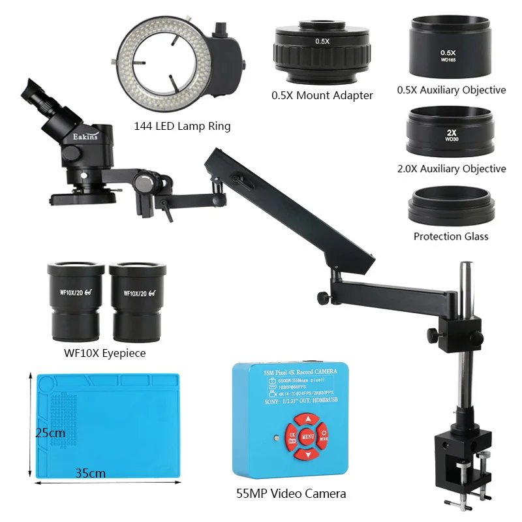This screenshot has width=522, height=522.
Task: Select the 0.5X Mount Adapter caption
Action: [x=322, y=95]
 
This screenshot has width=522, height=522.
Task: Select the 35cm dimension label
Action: [x=89, y=472]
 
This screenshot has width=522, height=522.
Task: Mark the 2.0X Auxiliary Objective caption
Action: [x=452, y=169]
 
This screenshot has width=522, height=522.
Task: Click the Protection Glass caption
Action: [x=451, y=236]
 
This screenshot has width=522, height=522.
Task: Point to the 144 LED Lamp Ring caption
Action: [x=182, y=127]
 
